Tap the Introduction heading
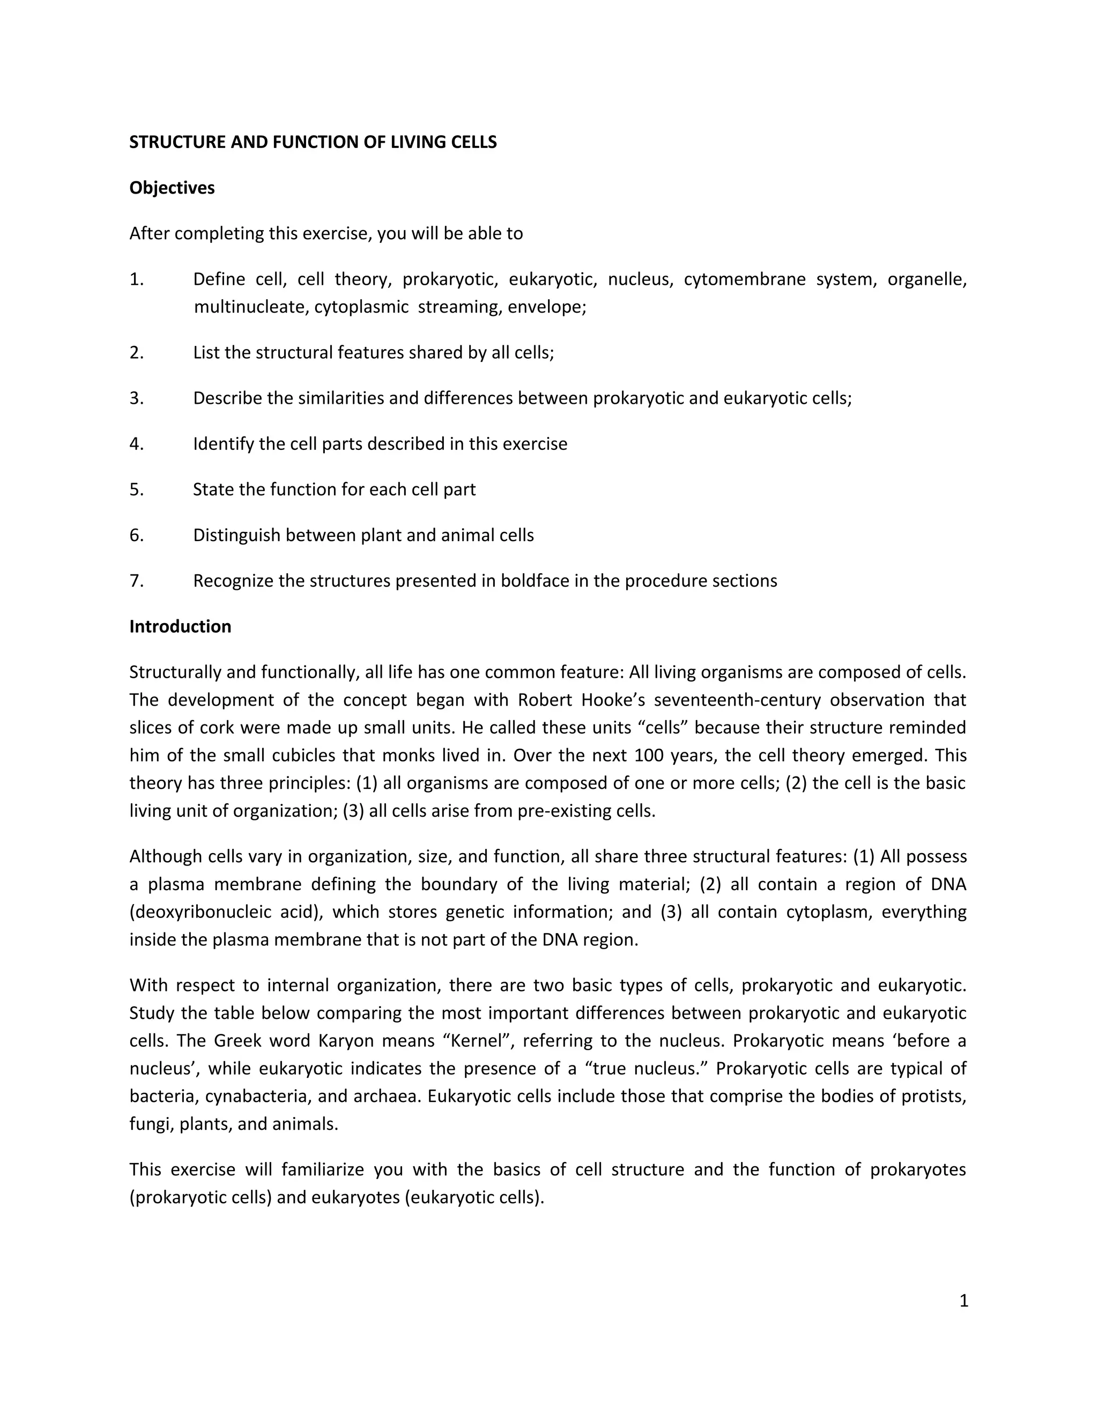(x=180, y=626)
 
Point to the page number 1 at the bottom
(x=963, y=1301)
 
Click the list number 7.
(x=136, y=580)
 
